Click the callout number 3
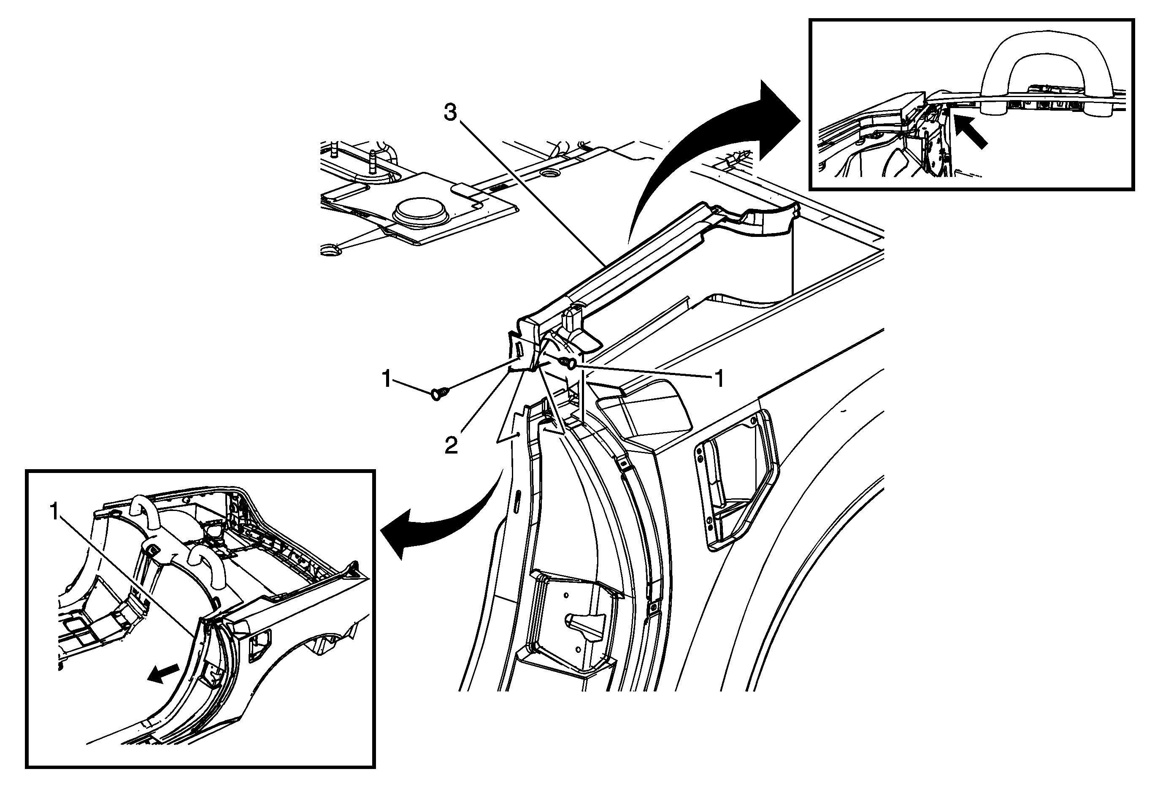click(x=450, y=113)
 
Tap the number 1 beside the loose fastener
click(x=387, y=379)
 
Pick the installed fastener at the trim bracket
click(x=568, y=361)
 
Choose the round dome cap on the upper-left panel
click(x=420, y=213)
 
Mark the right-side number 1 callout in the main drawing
click(x=719, y=379)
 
